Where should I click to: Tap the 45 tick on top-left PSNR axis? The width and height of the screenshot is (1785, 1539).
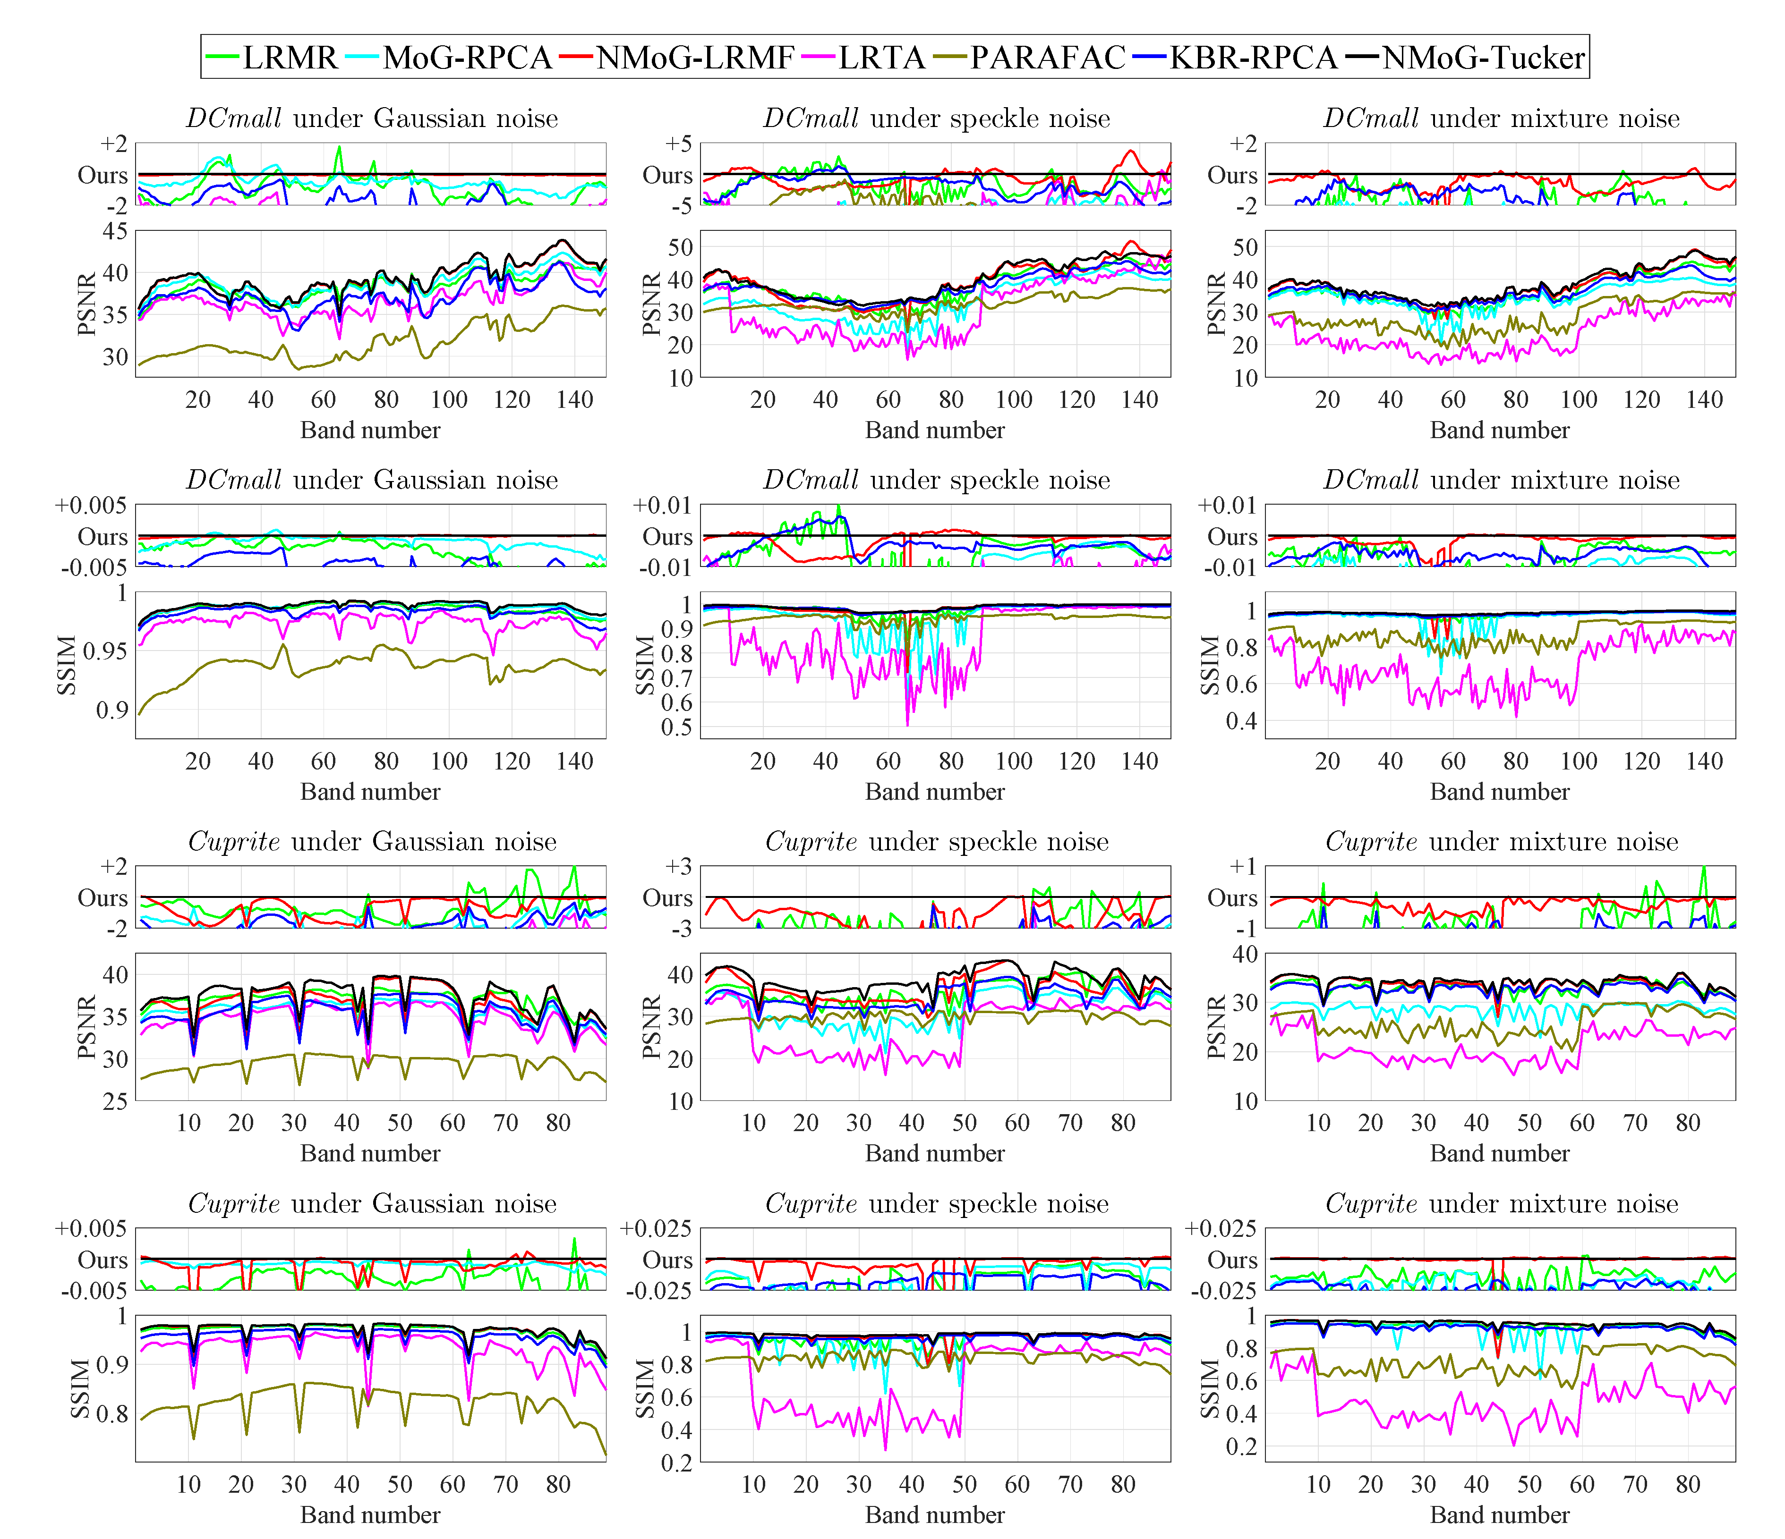pyautogui.click(x=115, y=231)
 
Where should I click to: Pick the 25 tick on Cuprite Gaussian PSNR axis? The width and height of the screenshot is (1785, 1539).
pyautogui.click(x=115, y=1100)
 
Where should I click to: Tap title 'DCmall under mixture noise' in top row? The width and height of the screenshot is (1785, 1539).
pyautogui.click(x=1501, y=118)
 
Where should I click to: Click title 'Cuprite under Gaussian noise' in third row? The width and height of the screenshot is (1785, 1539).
pyautogui.click(x=372, y=841)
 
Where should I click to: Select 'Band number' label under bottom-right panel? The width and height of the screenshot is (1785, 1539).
pyautogui.click(x=1500, y=1514)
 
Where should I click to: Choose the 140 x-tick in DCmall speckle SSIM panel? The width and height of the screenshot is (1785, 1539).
pyautogui.click(x=1139, y=761)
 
